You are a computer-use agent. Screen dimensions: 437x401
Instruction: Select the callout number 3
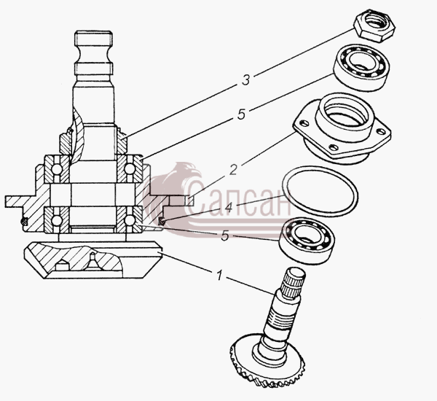tap(245, 80)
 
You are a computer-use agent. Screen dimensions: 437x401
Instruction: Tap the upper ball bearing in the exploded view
tap(362, 68)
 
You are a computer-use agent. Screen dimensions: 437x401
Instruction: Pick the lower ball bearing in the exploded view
tap(307, 241)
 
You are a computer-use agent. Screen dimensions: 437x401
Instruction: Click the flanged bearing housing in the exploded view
tap(342, 129)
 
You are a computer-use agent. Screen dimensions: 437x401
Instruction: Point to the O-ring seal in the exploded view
tap(320, 191)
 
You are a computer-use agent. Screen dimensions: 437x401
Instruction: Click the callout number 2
tap(234, 170)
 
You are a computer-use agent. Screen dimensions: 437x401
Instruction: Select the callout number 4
tap(228, 207)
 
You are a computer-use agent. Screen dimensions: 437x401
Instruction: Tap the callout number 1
tap(220, 275)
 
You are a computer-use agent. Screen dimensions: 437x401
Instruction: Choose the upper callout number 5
tap(241, 114)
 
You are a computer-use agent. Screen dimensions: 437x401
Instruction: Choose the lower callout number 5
tap(225, 236)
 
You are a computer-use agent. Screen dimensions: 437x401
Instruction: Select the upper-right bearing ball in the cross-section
tap(129, 169)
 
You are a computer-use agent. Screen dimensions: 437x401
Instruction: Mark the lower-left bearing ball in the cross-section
tap(57, 220)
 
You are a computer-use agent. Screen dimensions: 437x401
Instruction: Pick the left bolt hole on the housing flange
tap(304, 122)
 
